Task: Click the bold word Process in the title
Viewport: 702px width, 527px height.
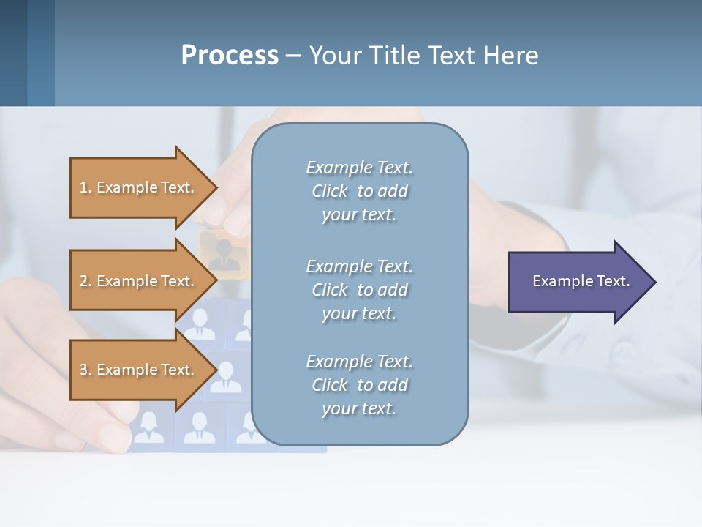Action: (x=230, y=56)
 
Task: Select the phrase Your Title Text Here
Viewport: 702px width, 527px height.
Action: (x=423, y=56)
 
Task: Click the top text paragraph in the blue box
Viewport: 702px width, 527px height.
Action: (x=359, y=191)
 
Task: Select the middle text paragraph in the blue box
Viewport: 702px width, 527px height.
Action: (x=359, y=289)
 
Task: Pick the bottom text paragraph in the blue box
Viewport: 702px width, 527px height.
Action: (x=359, y=385)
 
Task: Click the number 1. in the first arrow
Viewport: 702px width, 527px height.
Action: (x=86, y=187)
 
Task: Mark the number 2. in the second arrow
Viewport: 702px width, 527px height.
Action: (x=86, y=281)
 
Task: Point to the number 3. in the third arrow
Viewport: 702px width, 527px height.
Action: (x=86, y=370)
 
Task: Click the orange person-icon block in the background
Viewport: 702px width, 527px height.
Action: (x=220, y=253)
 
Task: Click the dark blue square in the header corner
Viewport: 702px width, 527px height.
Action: (x=13, y=53)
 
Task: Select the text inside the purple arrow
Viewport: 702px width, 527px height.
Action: (x=581, y=281)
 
